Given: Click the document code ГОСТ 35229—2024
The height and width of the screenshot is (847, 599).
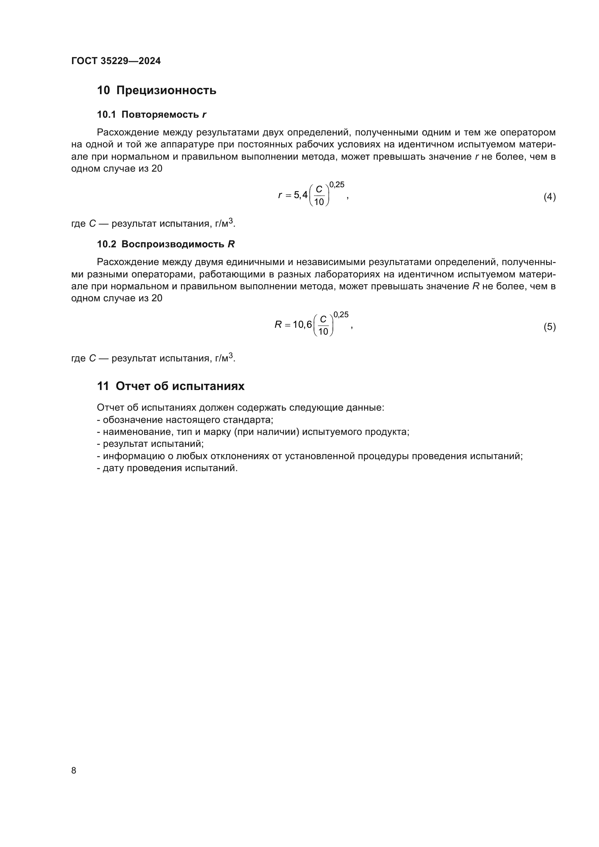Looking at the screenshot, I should pyautogui.click(x=116, y=61).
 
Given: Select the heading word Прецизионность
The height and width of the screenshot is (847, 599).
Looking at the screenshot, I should pyautogui.click(x=166, y=91).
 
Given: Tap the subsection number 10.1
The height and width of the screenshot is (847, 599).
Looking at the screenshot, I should pyautogui.click(x=106, y=115).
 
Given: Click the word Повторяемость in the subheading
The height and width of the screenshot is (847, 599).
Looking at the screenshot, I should pyautogui.click(x=160, y=115).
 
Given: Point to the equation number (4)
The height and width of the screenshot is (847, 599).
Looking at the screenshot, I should pyautogui.click(x=549, y=197).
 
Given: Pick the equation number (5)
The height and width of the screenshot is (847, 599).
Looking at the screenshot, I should pyautogui.click(x=549, y=327).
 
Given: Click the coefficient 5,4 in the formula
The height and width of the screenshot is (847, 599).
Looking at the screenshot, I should pyautogui.click(x=301, y=195).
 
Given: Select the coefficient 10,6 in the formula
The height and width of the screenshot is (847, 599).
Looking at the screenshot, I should pyautogui.click(x=302, y=324).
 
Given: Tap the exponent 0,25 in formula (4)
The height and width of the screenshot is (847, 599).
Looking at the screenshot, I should pyautogui.click(x=336, y=185).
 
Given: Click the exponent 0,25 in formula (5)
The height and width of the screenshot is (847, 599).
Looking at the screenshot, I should pyautogui.click(x=341, y=315).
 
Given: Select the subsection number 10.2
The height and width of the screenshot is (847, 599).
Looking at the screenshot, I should pyautogui.click(x=106, y=244).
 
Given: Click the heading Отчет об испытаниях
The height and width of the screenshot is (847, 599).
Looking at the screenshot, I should pyautogui.click(x=180, y=386).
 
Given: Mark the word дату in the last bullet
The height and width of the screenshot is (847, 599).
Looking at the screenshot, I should pyautogui.click(x=111, y=469).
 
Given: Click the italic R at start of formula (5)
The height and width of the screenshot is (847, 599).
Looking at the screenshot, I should pyautogui.click(x=278, y=324).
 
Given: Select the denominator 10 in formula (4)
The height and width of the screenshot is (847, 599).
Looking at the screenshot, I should pyautogui.click(x=319, y=202).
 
